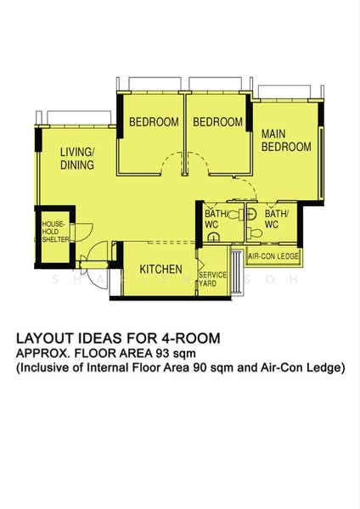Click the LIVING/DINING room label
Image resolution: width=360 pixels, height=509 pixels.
[x=76, y=159]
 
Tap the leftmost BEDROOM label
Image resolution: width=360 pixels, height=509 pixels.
[x=154, y=122]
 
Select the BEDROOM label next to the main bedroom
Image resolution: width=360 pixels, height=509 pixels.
[x=217, y=122]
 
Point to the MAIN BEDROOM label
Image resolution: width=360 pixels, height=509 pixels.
[x=285, y=140]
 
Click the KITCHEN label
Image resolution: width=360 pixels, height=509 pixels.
[x=160, y=270]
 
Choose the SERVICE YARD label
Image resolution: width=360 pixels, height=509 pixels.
[x=213, y=279]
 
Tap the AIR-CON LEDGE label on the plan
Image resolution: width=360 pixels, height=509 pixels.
[x=273, y=255]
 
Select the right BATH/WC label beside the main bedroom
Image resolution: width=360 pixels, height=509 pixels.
[x=277, y=220]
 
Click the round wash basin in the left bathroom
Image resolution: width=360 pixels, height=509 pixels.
[x=214, y=238]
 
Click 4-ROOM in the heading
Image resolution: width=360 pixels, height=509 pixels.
[x=191, y=338]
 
